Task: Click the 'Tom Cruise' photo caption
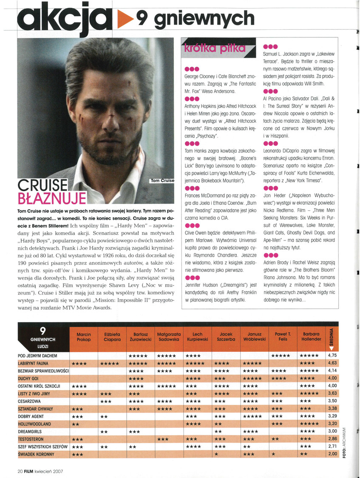point(162,181)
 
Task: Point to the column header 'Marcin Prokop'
point(83,337)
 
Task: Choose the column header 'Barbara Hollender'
point(312,337)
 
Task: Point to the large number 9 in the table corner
point(43,331)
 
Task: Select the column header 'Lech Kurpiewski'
point(198,337)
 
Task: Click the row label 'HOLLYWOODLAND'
point(35,424)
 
